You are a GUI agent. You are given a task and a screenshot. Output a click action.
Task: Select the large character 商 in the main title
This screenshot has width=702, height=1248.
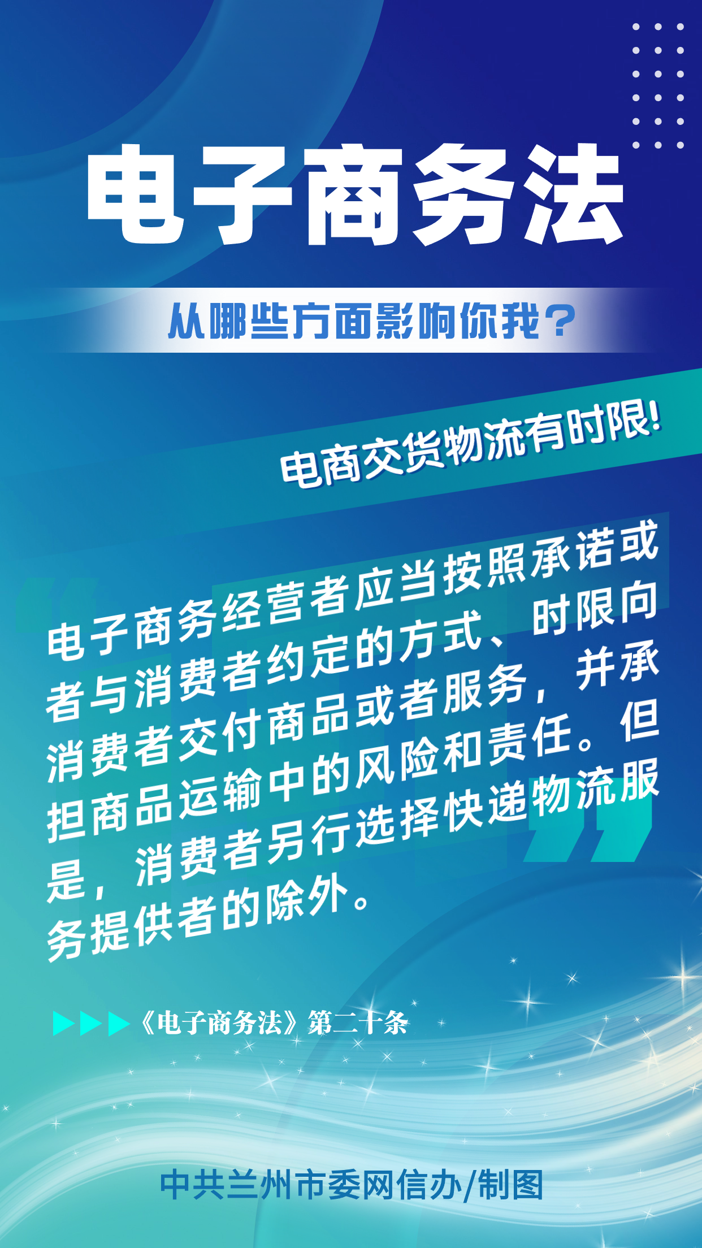354,194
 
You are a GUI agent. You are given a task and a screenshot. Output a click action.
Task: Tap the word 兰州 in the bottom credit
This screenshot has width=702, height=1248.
259,1185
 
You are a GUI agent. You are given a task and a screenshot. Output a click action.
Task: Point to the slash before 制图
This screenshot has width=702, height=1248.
470,1185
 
